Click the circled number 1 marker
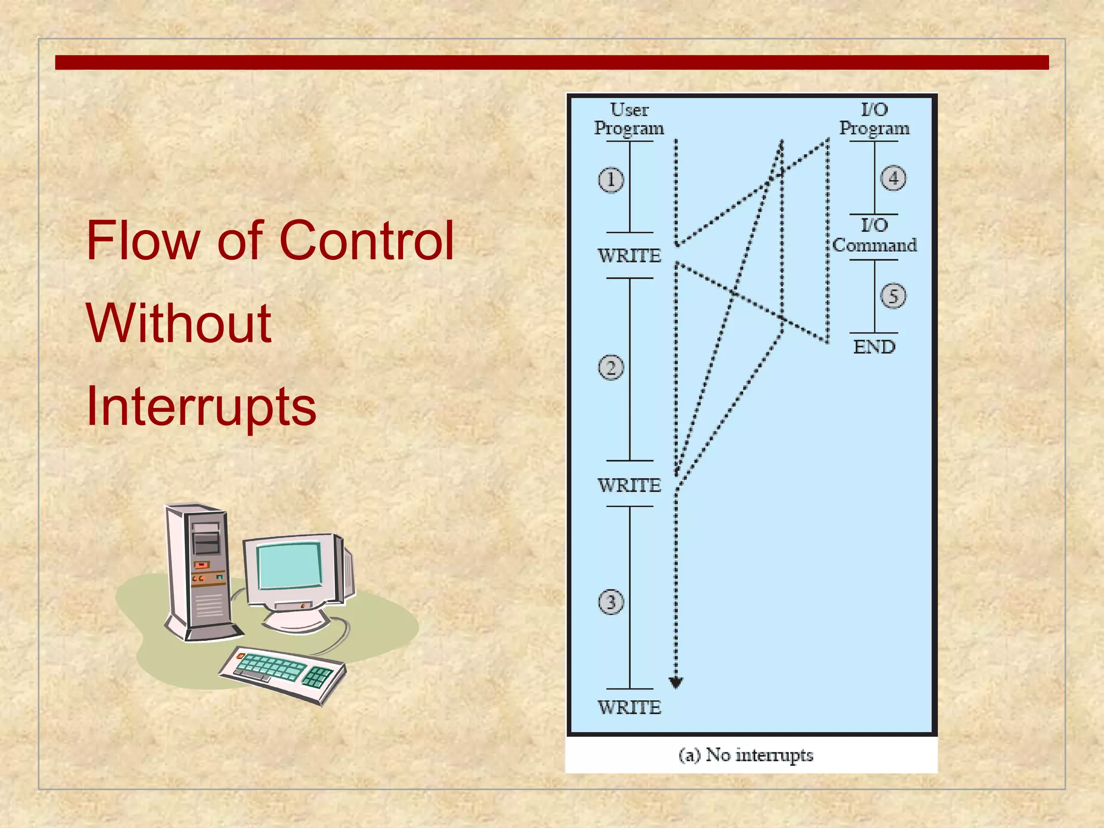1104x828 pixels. point(611,180)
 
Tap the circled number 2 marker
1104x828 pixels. point(611,368)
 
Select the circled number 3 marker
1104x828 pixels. point(611,602)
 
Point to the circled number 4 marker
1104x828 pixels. point(893,178)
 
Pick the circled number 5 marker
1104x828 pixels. point(893,296)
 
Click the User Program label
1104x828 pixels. point(629,119)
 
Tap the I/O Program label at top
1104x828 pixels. point(874,119)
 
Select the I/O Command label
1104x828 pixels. point(874,236)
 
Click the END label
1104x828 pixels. point(874,347)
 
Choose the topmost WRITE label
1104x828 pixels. point(629,256)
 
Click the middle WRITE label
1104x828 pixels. point(629,485)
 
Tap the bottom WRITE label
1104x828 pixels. point(629,707)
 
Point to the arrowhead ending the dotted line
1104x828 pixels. point(676,683)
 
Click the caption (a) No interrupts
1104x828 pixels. point(746,755)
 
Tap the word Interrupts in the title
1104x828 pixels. point(201,406)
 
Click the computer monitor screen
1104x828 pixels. point(289,566)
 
